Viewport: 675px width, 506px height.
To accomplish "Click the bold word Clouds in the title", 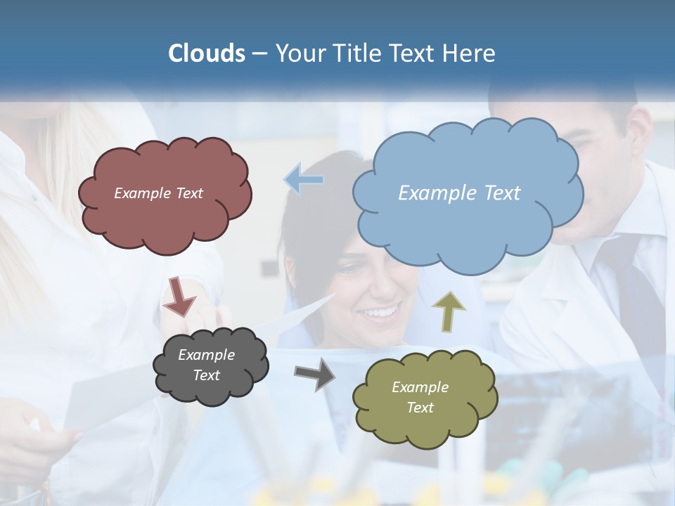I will [x=207, y=53].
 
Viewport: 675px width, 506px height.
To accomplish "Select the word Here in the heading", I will [x=472, y=53].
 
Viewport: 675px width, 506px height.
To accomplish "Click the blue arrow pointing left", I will [x=304, y=180].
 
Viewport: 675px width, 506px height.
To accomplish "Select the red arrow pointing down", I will [x=179, y=297].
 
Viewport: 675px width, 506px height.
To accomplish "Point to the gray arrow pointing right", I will [x=315, y=373].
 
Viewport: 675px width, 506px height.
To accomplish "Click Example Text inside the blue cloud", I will [x=459, y=193].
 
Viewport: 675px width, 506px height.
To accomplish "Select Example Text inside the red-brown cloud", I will [x=158, y=193].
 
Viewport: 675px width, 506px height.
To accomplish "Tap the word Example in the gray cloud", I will [x=206, y=355].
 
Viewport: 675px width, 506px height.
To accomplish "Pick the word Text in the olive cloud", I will [x=420, y=408].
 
